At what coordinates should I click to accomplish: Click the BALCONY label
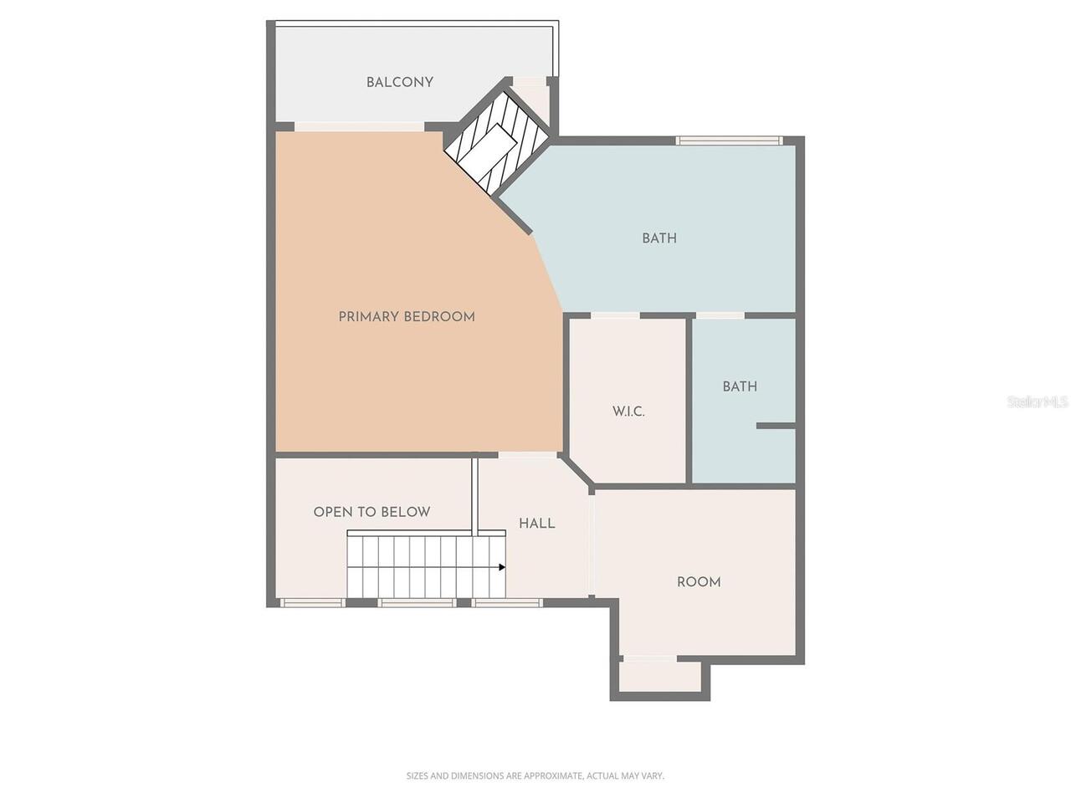pos(399,83)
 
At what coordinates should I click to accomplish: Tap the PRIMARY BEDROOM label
pos(407,317)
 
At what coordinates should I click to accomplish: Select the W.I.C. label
pos(628,412)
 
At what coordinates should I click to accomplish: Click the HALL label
pos(536,524)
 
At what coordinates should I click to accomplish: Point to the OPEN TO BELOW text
pos(372,512)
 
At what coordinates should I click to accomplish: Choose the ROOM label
pos(699,581)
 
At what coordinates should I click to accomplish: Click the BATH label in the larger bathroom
pos(659,238)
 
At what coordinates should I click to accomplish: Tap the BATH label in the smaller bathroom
pos(740,386)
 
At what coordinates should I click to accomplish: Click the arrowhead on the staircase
pos(501,567)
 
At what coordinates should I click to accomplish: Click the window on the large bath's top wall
pos(729,141)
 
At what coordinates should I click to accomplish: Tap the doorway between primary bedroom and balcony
pos(359,127)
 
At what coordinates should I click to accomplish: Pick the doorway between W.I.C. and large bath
pos(615,315)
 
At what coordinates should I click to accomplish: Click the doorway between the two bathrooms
pos(720,315)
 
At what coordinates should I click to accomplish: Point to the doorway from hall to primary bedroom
pos(527,455)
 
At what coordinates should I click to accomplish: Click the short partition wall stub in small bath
pos(776,426)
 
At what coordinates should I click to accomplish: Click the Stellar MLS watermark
pos(1038,401)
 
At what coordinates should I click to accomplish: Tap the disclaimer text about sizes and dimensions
pos(535,775)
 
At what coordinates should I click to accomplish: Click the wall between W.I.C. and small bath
pos(689,400)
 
